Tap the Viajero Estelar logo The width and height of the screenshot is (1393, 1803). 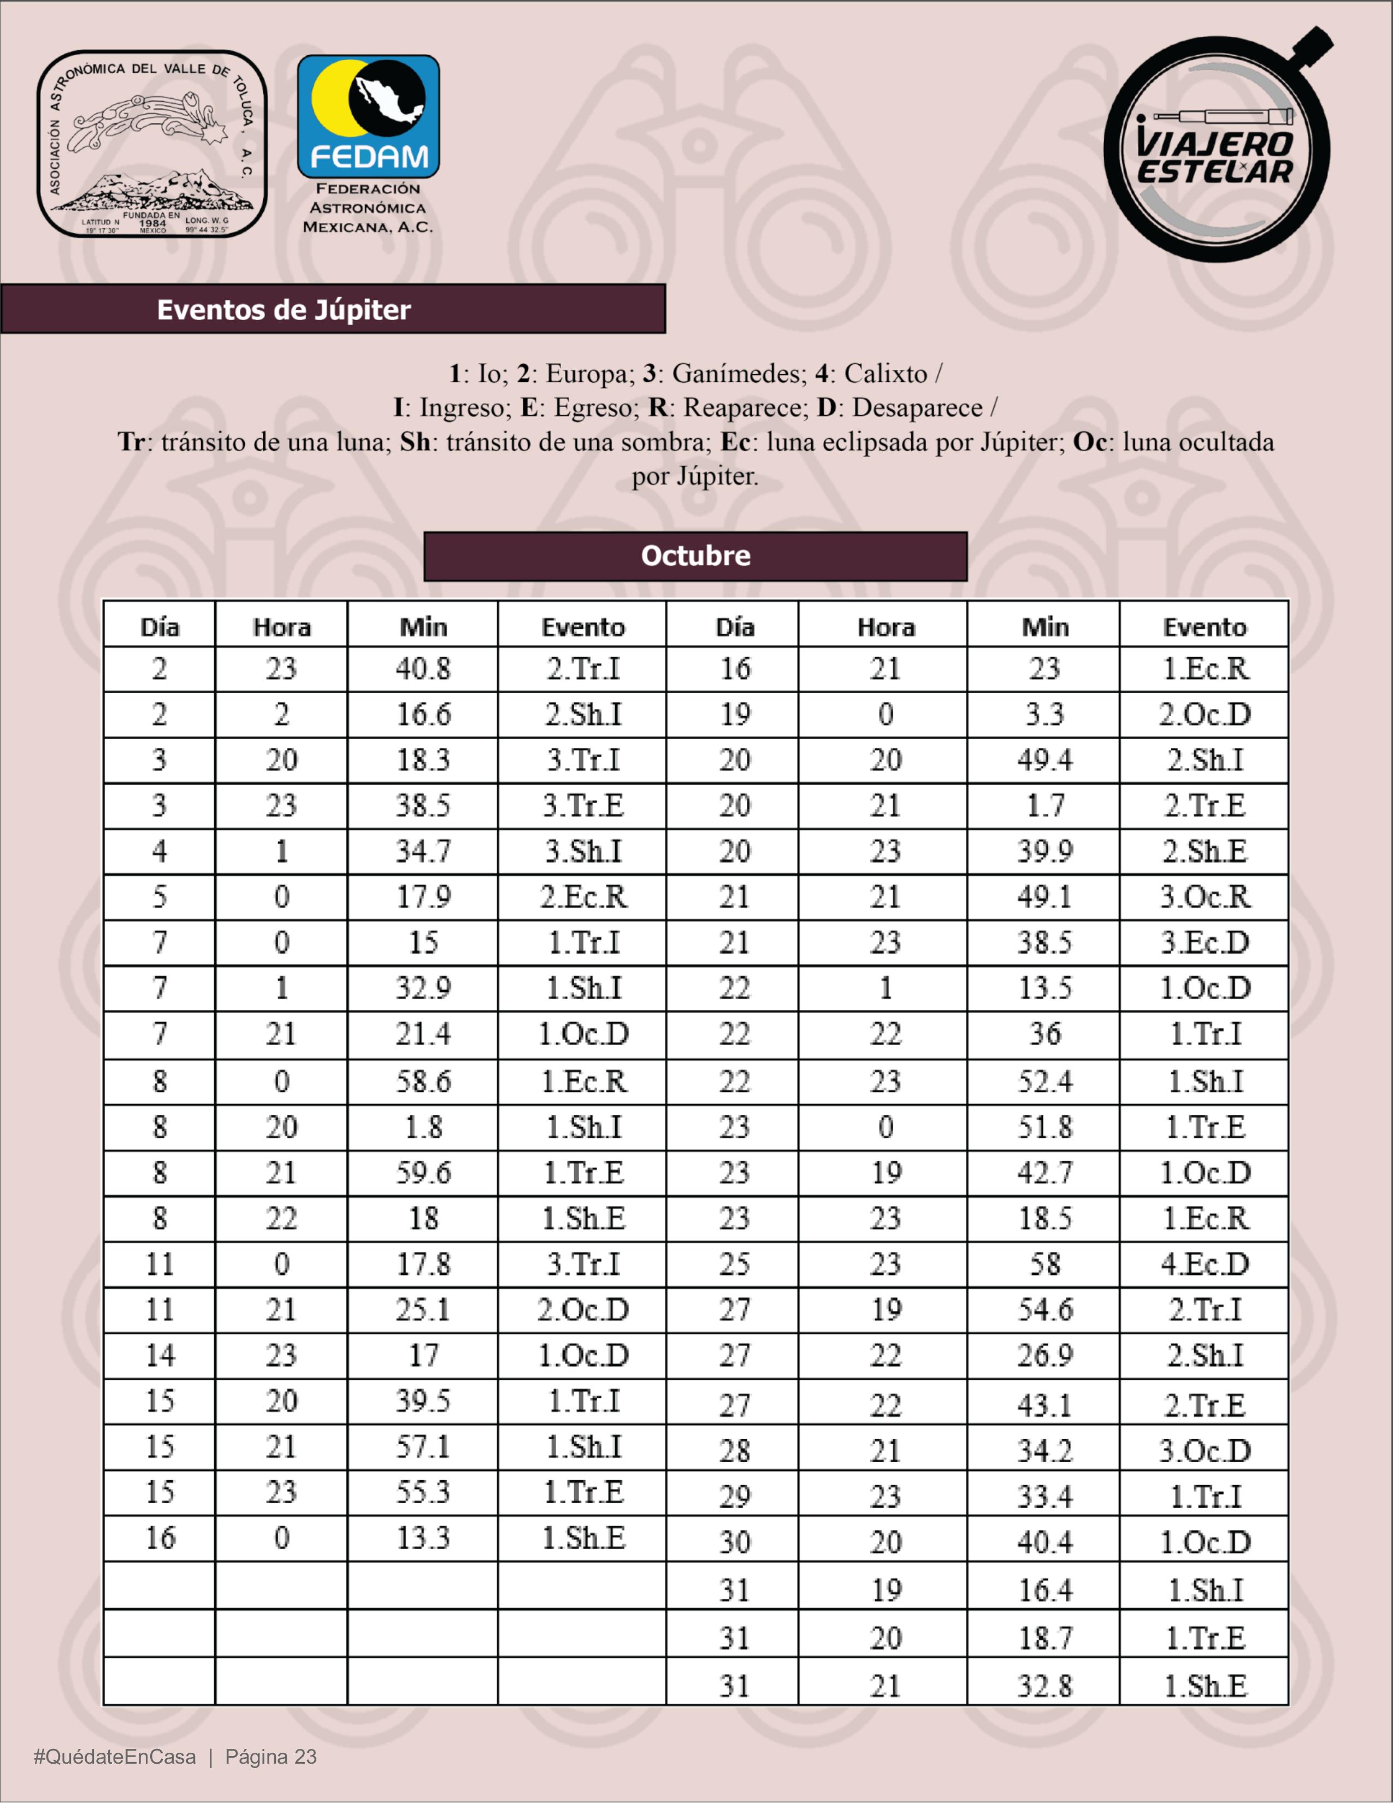1217,146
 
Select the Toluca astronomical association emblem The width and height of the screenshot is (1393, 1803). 152,145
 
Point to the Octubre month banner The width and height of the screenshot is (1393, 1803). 695,555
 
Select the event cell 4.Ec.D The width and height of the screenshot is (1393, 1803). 1205,1264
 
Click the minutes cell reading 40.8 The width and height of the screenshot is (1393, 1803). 423,669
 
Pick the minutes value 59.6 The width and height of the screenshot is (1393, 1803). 423,1172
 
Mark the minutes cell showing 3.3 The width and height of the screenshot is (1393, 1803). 1044,714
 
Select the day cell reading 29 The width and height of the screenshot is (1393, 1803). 734,1497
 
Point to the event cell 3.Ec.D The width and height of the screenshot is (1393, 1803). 1205,942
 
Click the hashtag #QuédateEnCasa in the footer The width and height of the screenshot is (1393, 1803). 115,1756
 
